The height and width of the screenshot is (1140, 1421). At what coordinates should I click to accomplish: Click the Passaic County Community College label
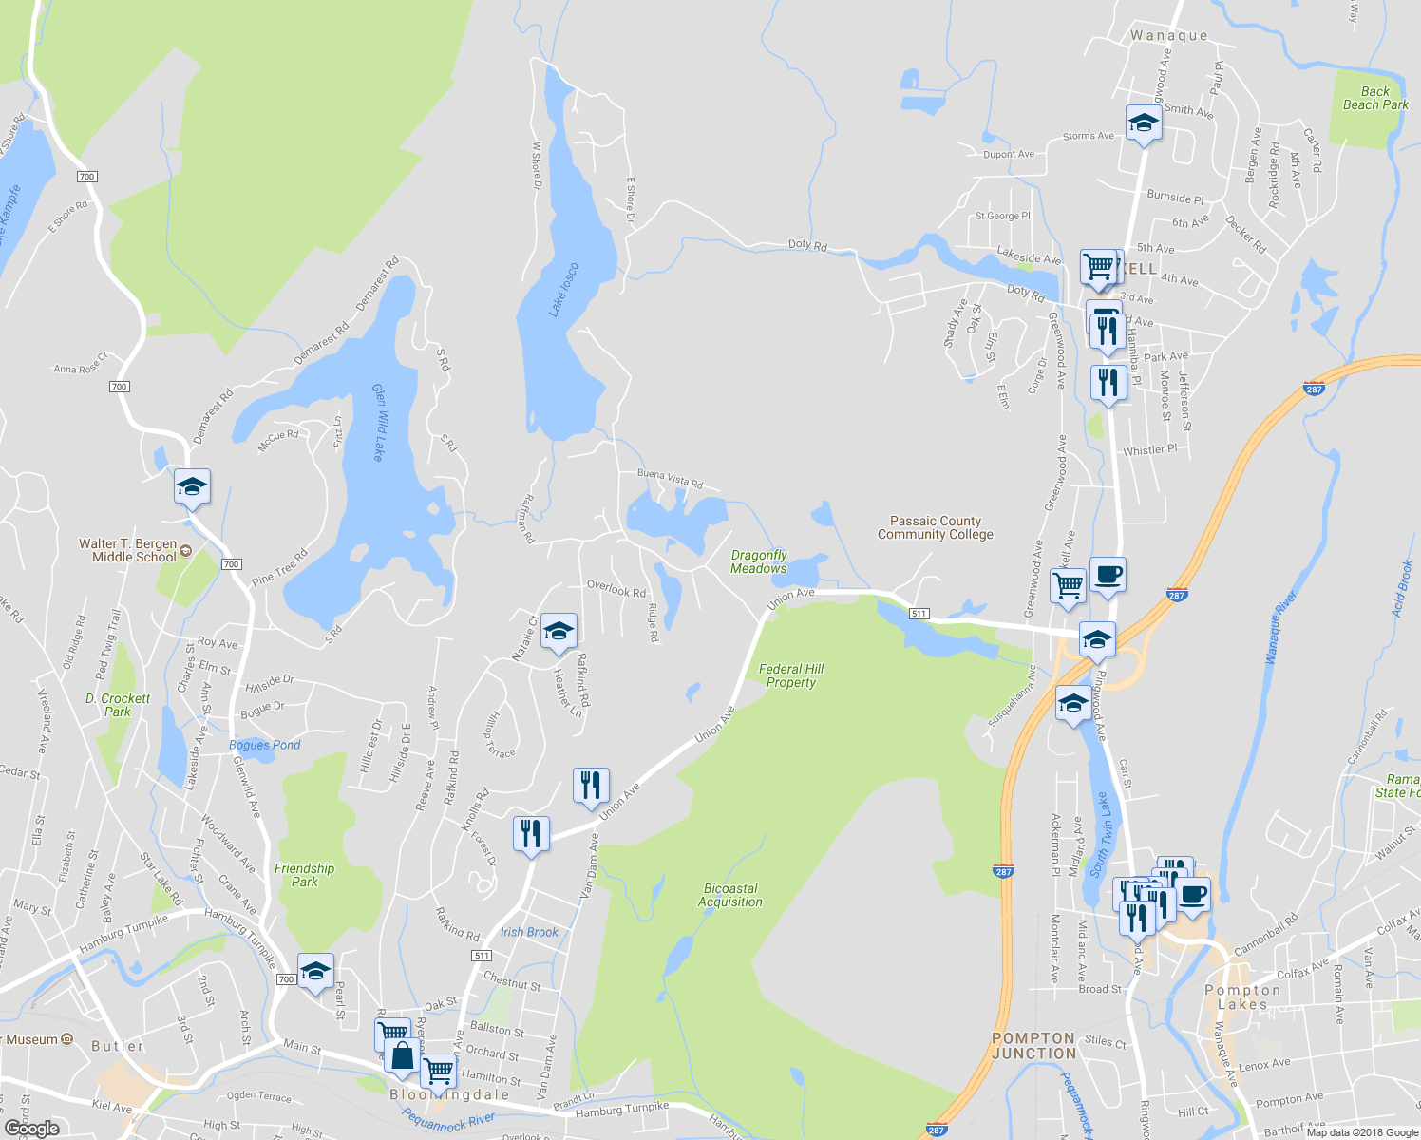coord(935,528)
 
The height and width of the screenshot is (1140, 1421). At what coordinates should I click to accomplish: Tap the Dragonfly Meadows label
coord(758,561)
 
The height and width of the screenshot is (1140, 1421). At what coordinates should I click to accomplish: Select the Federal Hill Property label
coord(791,675)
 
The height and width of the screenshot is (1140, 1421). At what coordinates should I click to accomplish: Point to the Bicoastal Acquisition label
coord(729,895)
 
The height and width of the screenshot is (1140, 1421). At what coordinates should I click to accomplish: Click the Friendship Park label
coord(304,875)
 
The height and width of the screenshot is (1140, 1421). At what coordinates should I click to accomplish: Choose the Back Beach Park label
coord(1374,98)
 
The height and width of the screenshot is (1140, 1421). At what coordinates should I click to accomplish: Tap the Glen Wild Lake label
coord(378,422)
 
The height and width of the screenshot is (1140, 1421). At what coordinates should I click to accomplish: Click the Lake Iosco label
coord(563,289)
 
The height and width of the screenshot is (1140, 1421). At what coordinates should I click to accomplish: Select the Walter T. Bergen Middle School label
coord(128,550)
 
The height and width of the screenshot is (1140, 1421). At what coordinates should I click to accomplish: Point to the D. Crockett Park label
coord(118,705)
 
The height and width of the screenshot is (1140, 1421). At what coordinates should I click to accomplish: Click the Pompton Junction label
coord(1033,1046)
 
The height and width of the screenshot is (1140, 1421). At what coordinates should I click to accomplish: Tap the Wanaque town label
coord(1168,36)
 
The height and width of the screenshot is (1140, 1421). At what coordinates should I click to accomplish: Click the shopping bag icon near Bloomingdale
coord(402,1055)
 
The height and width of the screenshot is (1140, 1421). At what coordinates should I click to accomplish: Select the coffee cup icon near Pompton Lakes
coord(1193,895)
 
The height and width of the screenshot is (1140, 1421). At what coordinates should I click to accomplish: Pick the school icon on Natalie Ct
coord(559,632)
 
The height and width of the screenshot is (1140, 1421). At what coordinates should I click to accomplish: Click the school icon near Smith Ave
coord(1144,123)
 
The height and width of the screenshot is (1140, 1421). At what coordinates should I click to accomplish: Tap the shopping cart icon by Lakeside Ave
coord(1098,267)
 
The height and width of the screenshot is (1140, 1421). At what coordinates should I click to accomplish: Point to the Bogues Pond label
coord(264,745)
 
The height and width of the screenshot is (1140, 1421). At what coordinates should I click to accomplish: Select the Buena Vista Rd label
coord(670,478)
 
